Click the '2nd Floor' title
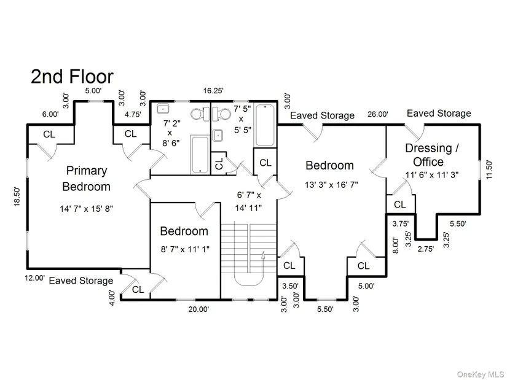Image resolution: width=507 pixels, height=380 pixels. (72, 77)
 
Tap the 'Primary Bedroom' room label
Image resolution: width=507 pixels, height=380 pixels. (86, 179)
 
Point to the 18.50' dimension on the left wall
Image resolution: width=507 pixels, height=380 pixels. (17, 197)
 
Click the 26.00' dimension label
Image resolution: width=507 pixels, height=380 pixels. (378, 114)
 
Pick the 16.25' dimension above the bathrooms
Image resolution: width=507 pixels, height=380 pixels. (213, 91)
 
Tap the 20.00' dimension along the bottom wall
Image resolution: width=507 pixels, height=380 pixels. (199, 309)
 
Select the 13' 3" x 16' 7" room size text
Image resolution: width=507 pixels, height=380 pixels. (331, 185)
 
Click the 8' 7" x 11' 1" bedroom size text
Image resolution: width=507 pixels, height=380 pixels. (185, 249)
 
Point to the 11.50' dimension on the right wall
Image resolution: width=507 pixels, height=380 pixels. (489, 169)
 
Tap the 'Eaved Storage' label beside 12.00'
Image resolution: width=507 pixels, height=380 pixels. (81, 281)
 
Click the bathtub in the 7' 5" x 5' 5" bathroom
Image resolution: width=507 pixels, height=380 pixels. (265, 125)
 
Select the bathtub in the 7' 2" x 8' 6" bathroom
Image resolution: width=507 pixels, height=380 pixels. (200, 155)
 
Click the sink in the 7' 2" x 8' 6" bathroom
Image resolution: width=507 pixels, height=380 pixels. (163, 109)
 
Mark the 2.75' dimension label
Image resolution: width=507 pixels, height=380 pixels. (425, 249)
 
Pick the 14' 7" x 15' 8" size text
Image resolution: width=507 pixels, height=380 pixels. (86, 209)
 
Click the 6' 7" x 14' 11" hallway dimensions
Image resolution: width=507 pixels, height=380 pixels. (248, 201)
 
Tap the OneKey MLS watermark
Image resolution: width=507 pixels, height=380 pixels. (480, 374)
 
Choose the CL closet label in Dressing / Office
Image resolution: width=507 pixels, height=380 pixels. (399, 204)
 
